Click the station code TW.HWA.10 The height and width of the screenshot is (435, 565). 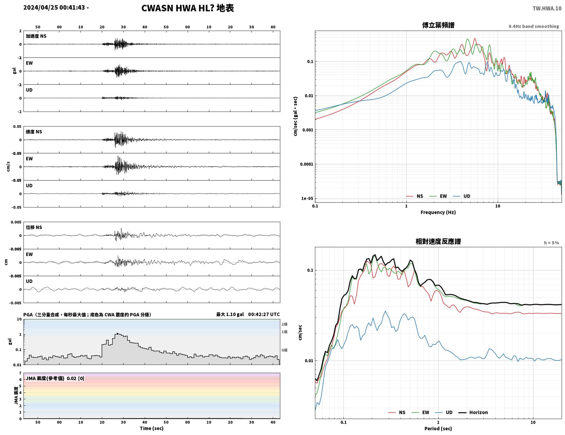click(547, 8)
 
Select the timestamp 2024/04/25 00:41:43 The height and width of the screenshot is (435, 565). click(54, 7)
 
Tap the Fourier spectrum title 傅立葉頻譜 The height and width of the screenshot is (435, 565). click(438, 25)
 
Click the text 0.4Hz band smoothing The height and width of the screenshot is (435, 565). click(533, 26)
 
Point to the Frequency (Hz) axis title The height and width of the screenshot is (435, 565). click(438, 212)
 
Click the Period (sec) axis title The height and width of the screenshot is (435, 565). click(438, 429)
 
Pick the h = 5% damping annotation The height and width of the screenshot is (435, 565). click(551, 243)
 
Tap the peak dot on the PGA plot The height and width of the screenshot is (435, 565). click(117, 334)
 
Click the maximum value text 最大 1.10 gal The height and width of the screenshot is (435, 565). click(230, 314)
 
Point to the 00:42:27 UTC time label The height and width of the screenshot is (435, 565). click(264, 314)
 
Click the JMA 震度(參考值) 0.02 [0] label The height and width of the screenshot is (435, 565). click(55, 378)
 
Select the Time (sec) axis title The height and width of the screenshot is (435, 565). click(152, 428)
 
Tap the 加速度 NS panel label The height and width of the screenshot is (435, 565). click(36, 36)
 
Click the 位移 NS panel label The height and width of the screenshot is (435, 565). click(34, 228)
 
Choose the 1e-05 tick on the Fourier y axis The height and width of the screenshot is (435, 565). click(307, 199)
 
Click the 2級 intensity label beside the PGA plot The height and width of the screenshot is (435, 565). click(284, 324)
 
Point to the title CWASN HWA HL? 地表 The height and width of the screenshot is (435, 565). click(188, 8)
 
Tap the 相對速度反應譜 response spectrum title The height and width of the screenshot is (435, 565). click(438, 241)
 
